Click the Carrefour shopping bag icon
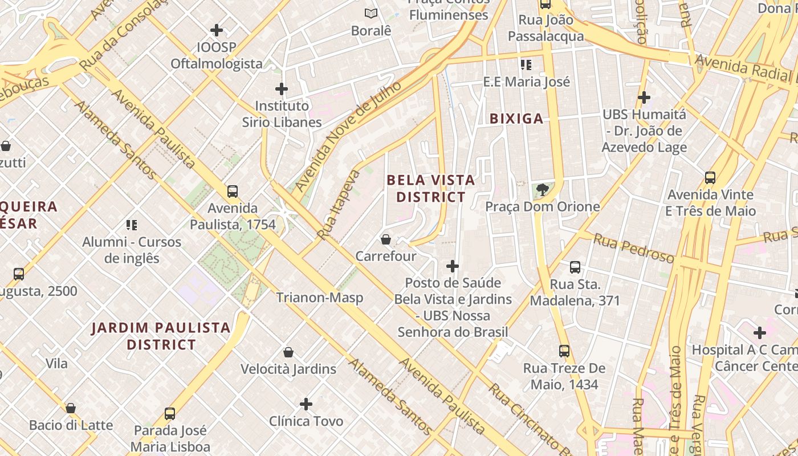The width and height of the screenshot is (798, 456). [x=386, y=239]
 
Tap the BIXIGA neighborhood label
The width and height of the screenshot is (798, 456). [x=517, y=119]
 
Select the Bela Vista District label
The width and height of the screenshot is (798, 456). [x=431, y=189]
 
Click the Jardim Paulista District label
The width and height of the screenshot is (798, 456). [x=161, y=336]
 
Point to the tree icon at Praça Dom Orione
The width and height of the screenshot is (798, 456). [x=542, y=190]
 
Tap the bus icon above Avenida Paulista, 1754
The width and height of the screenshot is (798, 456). [x=232, y=192]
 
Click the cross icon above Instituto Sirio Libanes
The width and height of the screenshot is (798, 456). [x=282, y=89]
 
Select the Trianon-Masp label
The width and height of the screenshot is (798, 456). [x=319, y=297]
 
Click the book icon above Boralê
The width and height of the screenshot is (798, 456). [x=371, y=13]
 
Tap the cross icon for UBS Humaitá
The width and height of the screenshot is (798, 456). [x=644, y=97]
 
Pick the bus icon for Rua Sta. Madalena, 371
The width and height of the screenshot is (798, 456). [x=575, y=267]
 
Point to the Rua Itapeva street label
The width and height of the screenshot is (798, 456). [x=339, y=205]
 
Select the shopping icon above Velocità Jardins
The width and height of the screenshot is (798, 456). [x=288, y=352]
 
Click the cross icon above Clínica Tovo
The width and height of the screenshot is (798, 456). [x=306, y=404]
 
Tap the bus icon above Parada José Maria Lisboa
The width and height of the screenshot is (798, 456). [x=170, y=413]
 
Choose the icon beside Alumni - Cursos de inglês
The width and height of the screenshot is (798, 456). [x=132, y=225]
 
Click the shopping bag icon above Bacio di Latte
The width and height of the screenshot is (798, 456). [x=71, y=408]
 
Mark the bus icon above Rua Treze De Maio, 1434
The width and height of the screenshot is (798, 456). [x=564, y=351]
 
